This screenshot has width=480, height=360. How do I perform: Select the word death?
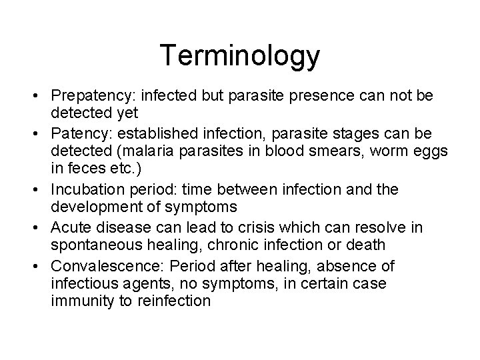click(366, 246)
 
